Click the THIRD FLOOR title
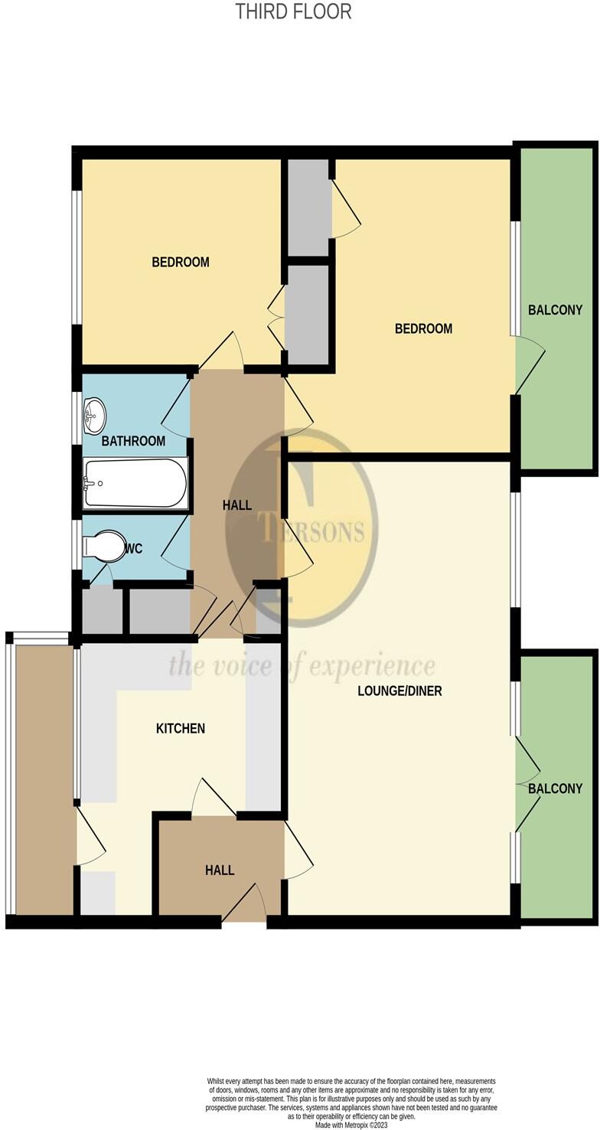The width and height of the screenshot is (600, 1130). (x=294, y=11)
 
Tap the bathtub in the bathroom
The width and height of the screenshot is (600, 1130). (x=135, y=482)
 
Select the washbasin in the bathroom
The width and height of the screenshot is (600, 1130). (x=95, y=416)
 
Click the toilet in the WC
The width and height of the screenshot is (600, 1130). (x=106, y=547)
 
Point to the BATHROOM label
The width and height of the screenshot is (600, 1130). (x=134, y=441)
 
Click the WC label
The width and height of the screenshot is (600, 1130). (x=134, y=548)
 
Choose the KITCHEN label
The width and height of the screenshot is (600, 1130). (x=181, y=728)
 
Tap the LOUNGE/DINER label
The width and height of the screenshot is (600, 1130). (x=399, y=691)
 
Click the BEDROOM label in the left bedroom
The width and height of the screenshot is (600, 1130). (x=181, y=262)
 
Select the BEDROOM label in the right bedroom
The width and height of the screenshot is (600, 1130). (x=423, y=328)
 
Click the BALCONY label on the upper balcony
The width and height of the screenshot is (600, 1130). (x=555, y=310)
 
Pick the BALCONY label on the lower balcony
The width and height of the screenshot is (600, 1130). (x=555, y=789)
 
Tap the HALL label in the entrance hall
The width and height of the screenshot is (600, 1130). (x=220, y=870)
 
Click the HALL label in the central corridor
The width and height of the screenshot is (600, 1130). (x=236, y=505)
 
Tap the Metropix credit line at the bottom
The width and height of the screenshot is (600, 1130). (x=351, y=1124)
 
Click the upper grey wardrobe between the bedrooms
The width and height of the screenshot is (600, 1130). (x=308, y=207)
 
